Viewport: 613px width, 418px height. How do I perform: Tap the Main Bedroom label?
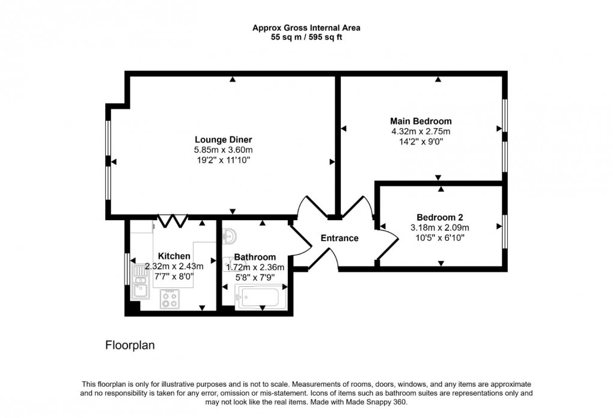point(421,121)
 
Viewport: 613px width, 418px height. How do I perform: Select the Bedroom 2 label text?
point(440,217)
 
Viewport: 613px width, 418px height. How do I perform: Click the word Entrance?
point(339,238)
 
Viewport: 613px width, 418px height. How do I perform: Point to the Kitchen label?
point(174,256)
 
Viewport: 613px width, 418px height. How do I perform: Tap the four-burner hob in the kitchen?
point(169,299)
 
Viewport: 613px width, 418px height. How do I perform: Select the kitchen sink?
point(141,287)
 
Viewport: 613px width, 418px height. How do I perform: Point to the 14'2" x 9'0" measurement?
point(421,142)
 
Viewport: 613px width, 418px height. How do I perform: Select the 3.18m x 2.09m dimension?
point(440,227)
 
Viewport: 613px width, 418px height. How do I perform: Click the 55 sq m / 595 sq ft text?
point(306,37)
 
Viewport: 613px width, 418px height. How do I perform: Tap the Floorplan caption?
point(130,345)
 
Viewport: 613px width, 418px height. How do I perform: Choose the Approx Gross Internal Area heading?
point(306,28)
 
